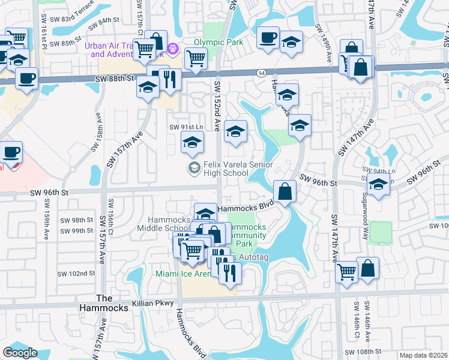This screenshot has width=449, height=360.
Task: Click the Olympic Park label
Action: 218,43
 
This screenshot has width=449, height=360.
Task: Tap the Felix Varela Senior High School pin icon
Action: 194,167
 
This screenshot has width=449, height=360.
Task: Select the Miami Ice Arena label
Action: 182,274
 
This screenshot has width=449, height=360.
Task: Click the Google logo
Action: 20,352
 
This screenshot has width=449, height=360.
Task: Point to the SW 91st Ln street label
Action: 187,127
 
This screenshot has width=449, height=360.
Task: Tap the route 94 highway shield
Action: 262,73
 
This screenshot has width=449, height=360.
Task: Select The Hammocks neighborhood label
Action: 112,303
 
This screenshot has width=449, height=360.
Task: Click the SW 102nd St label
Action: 77,273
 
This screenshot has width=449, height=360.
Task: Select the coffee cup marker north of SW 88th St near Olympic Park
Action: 268,37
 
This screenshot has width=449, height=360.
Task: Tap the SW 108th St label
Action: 362,352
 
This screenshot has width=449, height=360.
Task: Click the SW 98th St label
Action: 77,220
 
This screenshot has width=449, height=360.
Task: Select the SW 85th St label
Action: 67,43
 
